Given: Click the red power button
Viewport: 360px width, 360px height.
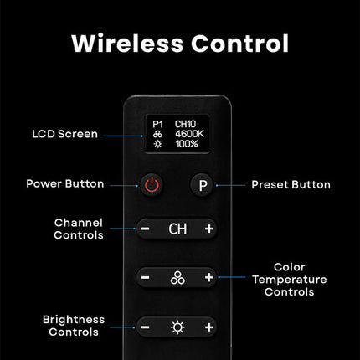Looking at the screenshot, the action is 152,185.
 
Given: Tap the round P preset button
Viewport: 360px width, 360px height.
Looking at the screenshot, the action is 203,185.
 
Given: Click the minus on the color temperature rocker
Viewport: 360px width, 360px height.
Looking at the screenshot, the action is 145,277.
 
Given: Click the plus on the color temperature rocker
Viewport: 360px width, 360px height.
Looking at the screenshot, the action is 209,277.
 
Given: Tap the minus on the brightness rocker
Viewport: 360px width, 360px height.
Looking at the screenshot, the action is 145,327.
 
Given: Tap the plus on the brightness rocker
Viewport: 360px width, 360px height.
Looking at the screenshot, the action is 209,327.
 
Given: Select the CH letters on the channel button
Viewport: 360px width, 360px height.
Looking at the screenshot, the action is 177,229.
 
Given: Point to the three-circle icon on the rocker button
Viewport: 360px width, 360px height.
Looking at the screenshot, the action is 177,278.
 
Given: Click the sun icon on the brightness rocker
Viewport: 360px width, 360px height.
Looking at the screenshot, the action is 177,327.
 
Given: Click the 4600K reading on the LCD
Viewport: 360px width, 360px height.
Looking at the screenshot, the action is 189,134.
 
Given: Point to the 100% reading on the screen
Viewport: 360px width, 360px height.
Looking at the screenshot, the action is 187,144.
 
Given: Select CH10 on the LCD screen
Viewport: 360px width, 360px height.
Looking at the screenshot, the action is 185,124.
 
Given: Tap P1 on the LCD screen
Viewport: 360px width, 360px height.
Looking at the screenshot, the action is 158,124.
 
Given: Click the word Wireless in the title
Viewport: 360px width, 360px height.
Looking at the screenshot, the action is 127,44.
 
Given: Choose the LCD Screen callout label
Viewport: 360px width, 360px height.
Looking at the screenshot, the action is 64,134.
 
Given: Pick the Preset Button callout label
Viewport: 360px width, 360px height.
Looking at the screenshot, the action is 291,184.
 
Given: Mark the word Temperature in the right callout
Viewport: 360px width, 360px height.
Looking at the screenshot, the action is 290,280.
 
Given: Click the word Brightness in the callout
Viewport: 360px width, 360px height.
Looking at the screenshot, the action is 74,320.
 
